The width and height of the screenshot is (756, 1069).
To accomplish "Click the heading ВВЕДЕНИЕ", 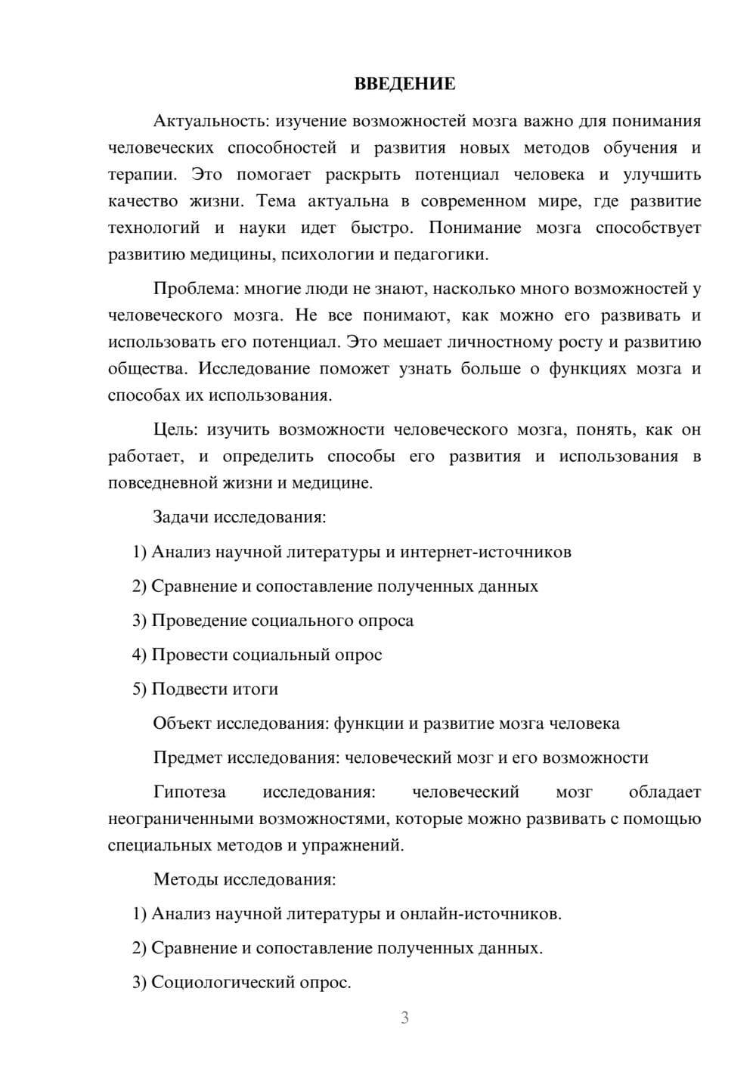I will click(404, 84).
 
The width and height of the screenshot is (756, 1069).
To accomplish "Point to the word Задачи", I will click(181, 517).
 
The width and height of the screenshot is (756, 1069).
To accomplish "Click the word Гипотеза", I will click(189, 792).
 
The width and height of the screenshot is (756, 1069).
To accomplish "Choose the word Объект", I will click(182, 724).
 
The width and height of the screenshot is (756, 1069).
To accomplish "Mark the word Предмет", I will click(187, 758).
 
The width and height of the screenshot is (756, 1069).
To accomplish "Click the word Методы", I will click(183, 879).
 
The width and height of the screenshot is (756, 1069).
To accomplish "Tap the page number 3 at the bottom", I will click(404, 1018).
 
